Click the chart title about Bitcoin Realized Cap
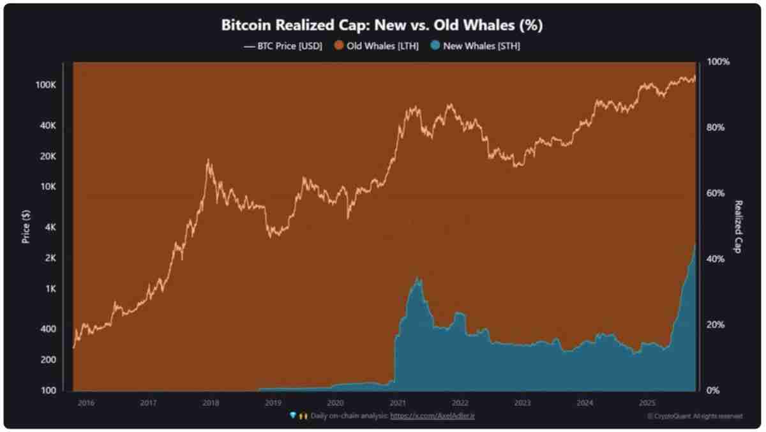pyautogui.click(x=382, y=26)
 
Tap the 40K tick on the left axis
pyautogui.click(x=50, y=126)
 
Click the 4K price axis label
pyautogui.click(x=52, y=227)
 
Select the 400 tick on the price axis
pyautogui.click(x=50, y=329)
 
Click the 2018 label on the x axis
pyautogui.click(x=211, y=403)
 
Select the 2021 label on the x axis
pyautogui.click(x=398, y=403)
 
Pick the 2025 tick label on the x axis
pyautogui.click(x=647, y=403)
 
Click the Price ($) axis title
pyautogui.click(x=26, y=227)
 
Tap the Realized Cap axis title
pyautogui.click(x=738, y=227)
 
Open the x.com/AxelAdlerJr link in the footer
pyautogui.click(x=437, y=415)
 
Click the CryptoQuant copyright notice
pyautogui.click(x=695, y=416)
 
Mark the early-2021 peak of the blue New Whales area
pyautogui.click(x=418, y=278)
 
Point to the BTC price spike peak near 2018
pyautogui.click(x=208, y=160)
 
